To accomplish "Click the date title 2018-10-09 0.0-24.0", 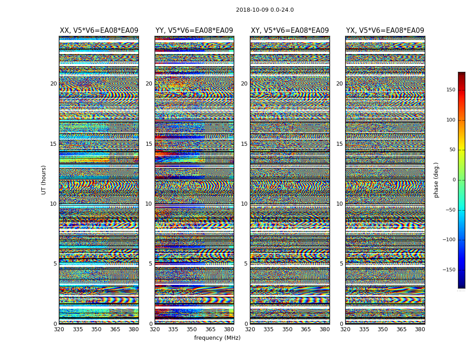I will click(x=265, y=10).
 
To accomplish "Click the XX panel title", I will click(x=99, y=31).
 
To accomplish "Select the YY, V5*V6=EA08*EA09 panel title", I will click(x=194, y=31).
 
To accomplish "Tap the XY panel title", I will click(x=289, y=31).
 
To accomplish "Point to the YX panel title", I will click(x=385, y=31).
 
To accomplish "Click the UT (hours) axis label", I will click(x=44, y=180).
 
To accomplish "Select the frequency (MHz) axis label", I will click(x=217, y=338).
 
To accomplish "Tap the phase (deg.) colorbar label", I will click(x=436, y=180).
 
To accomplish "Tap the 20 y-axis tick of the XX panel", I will click(x=53, y=84).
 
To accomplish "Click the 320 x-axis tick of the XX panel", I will click(x=59, y=329).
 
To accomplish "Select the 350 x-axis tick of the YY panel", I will click(x=192, y=329).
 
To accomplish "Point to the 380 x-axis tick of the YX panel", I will click(x=420, y=329).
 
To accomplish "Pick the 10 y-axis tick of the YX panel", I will click(x=339, y=204).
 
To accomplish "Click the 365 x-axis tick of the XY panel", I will click(x=306, y=329).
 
